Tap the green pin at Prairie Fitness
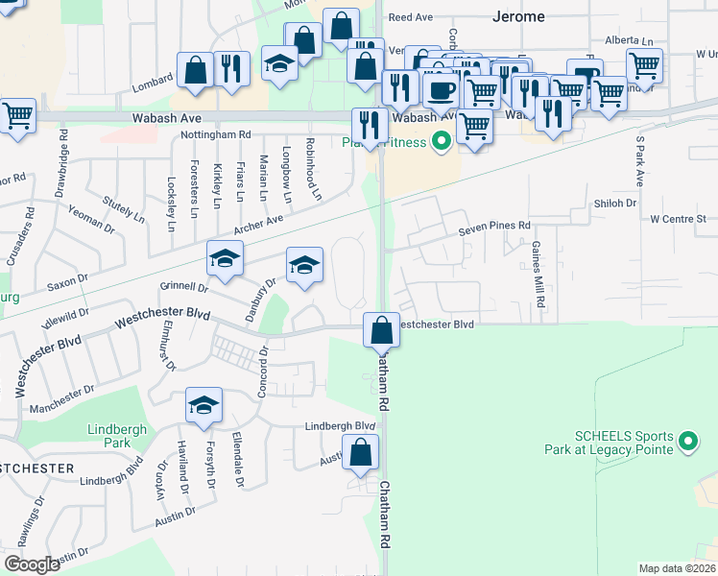[442, 142]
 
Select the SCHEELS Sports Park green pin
[687, 442]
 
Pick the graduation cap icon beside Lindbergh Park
[203, 405]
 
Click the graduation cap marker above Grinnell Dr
[225, 258]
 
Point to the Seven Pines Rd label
[493, 226]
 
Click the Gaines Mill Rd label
[538, 274]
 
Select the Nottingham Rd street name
[216, 135]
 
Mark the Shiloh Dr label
[615, 203]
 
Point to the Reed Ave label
[411, 17]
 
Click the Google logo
[32, 564]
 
